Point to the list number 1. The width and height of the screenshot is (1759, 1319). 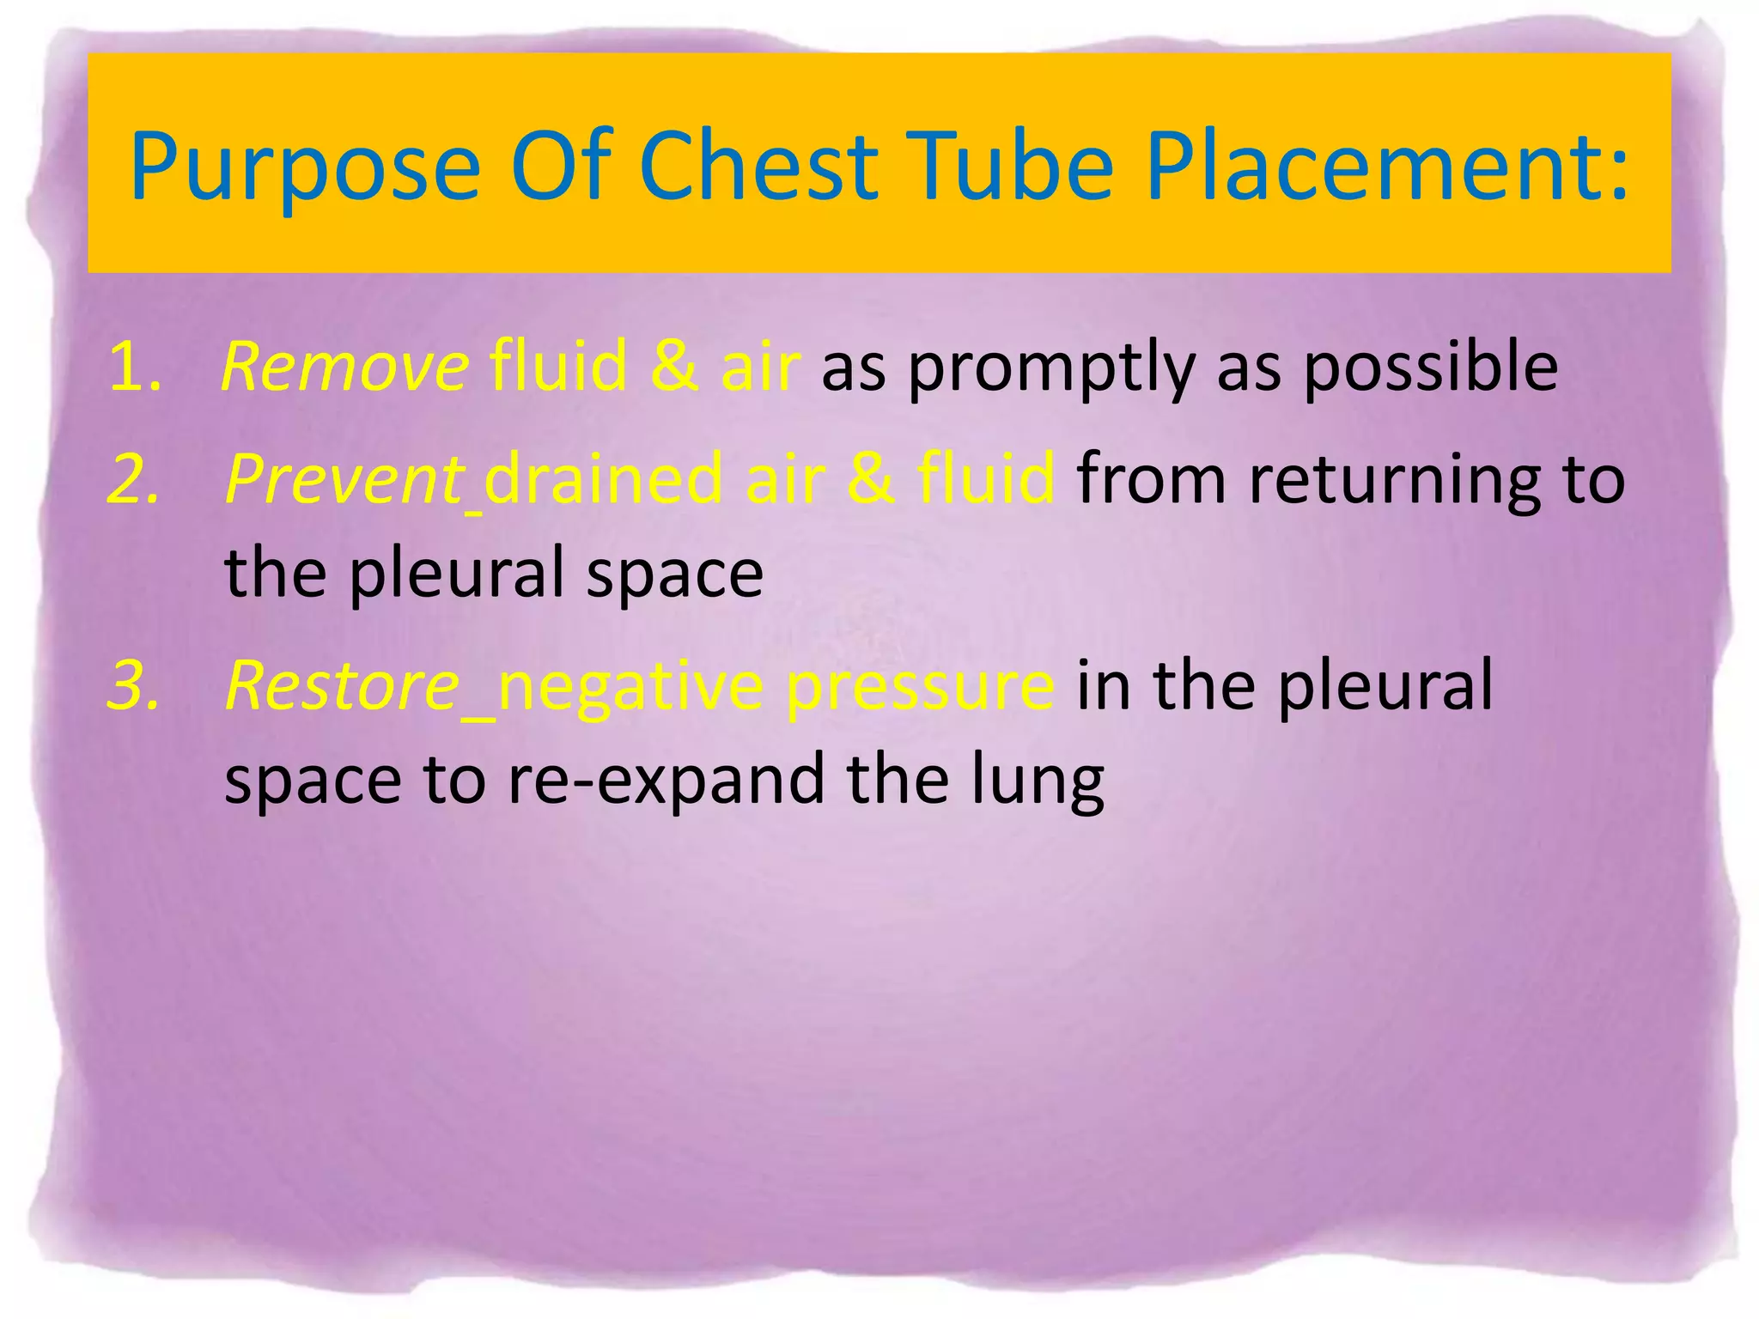tap(134, 368)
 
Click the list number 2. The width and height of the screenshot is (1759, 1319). tap(134, 479)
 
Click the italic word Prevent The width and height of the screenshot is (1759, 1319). tap(344, 479)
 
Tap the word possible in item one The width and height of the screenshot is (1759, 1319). tap(1429, 368)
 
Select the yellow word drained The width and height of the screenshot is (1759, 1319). tap(604, 479)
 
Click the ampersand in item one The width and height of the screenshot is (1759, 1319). tap(675, 368)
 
